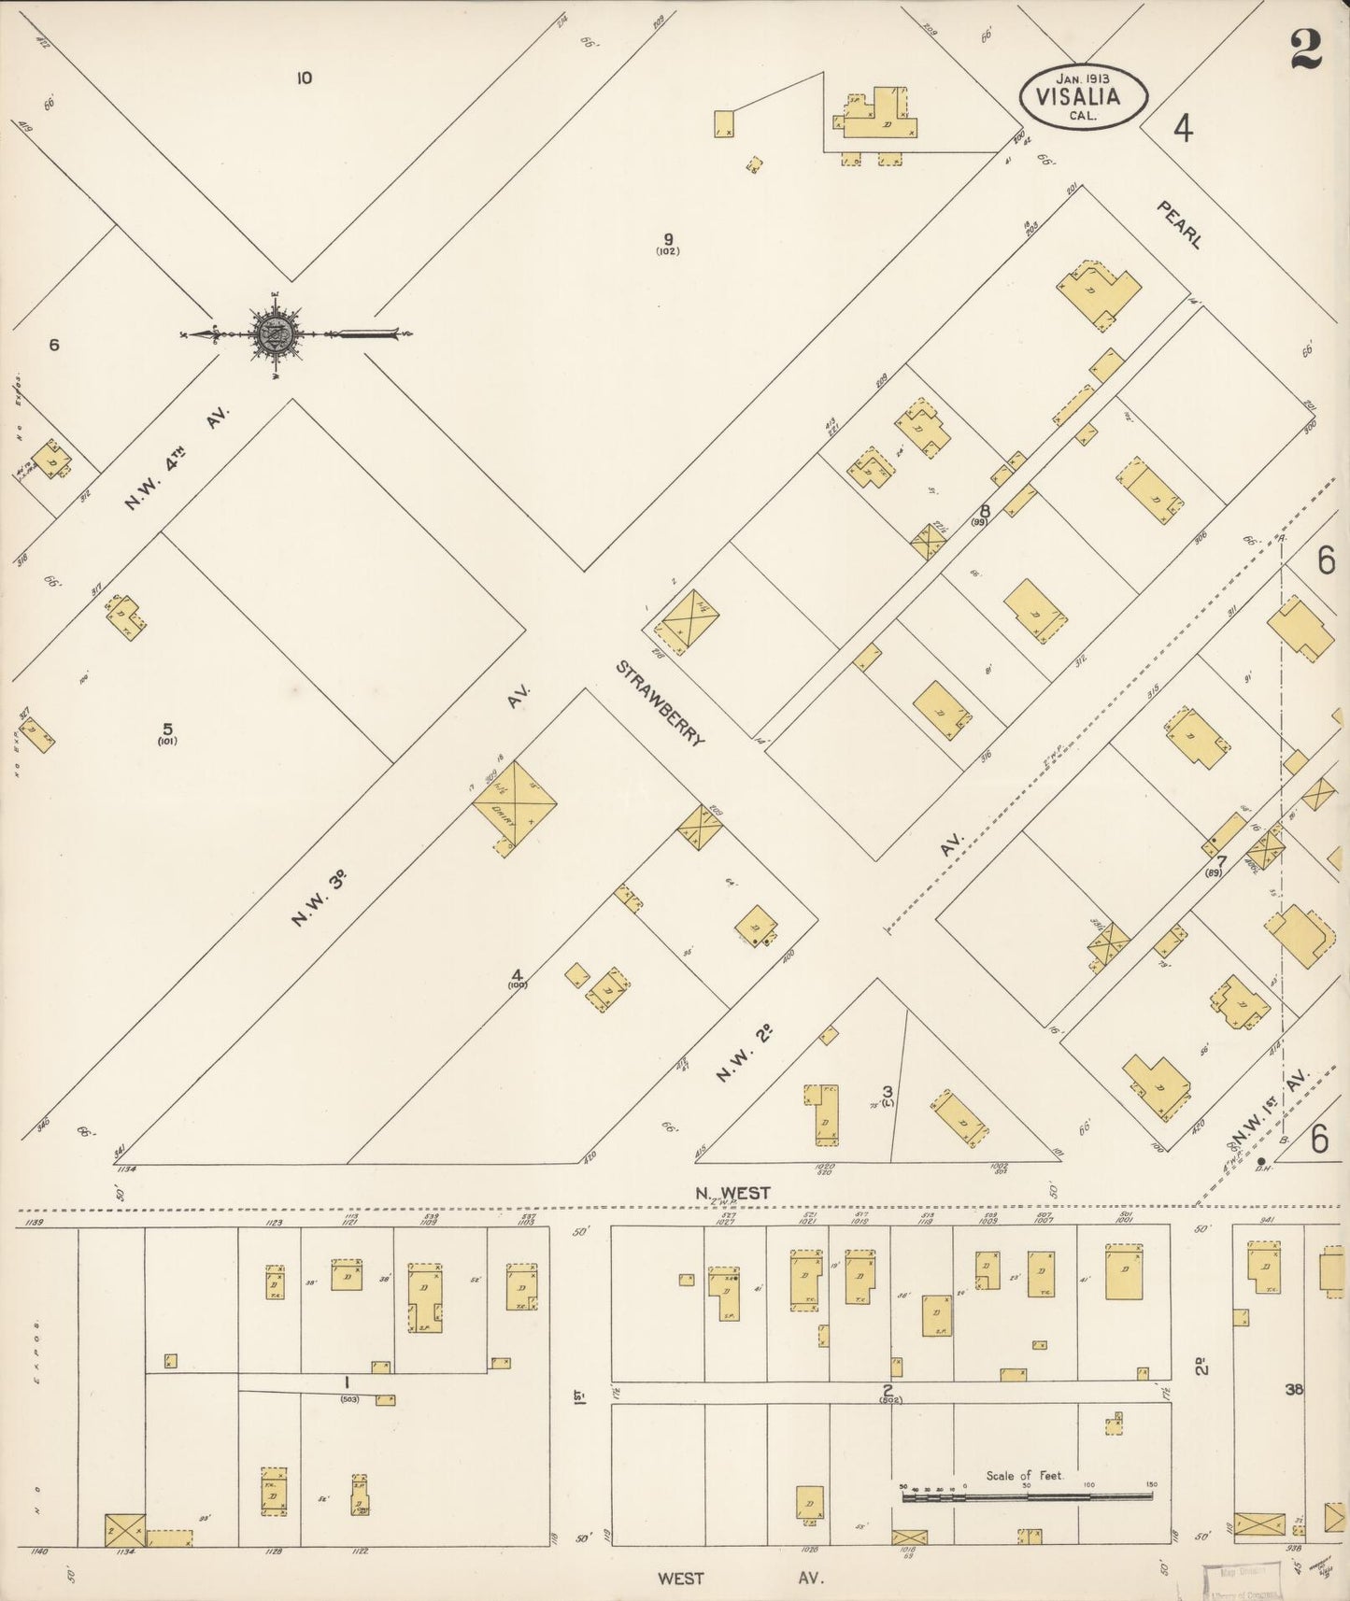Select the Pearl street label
[1179, 224]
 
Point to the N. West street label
[732, 1193]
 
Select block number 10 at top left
[304, 78]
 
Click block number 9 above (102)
[668, 237]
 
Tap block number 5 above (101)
[167, 728]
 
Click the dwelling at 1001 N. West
[1123, 1271]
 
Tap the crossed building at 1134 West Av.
[124, 1530]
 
